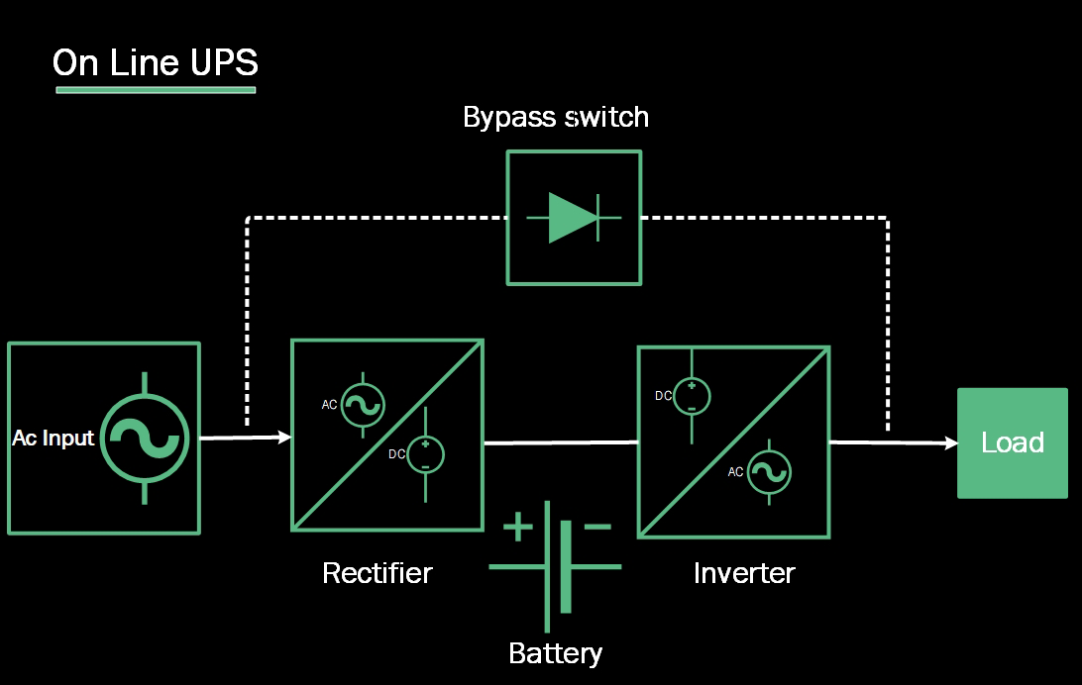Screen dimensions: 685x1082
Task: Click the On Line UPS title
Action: coord(155,62)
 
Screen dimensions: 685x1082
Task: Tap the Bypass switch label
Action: coord(556,117)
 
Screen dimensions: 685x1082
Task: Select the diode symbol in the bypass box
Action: coord(574,218)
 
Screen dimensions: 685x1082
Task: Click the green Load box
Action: coord(1012,442)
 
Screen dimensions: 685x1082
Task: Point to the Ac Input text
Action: coord(54,438)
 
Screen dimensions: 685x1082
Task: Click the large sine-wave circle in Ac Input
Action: coord(146,438)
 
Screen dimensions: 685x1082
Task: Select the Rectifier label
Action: coord(378,573)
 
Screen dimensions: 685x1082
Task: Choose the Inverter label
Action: coord(744,573)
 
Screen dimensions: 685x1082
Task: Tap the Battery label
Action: coord(555,653)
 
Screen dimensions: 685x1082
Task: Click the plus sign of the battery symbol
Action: coord(517,527)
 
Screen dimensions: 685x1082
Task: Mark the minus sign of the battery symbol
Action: coord(597,527)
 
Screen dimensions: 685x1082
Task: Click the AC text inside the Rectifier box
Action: coord(330,405)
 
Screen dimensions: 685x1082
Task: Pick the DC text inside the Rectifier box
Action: coord(396,454)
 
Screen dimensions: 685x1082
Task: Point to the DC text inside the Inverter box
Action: coord(664,396)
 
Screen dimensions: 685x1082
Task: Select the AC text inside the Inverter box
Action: coord(735,472)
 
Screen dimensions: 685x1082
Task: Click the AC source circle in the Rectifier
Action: coord(363,404)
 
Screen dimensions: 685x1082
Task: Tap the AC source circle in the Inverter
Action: coord(770,472)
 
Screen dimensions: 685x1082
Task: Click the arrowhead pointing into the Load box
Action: coord(951,443)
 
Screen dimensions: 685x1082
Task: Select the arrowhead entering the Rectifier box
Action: coord(285,437)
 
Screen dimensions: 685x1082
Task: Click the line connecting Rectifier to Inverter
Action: coord(560,442)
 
